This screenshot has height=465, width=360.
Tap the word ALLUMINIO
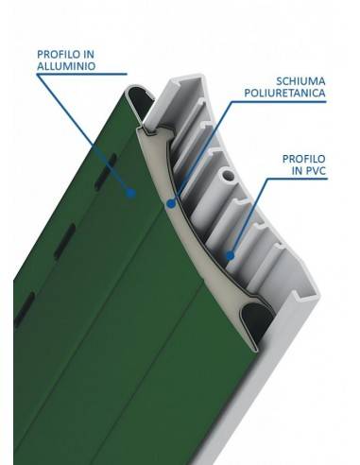66,66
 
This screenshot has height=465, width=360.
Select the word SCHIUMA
300,81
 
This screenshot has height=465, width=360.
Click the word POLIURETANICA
284,94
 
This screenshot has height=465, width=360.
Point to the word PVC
316,170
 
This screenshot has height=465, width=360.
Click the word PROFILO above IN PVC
303,159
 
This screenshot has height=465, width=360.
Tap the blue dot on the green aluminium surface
130,193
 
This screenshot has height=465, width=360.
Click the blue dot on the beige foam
171,203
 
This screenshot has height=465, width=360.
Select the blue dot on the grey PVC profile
231,256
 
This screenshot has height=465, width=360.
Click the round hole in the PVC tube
228,176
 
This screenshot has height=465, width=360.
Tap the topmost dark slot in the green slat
106,172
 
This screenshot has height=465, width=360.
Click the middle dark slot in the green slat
65,241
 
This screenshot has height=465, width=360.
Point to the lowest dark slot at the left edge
25,309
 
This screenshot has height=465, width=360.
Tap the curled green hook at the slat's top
139,97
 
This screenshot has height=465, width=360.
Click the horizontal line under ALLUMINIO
81,75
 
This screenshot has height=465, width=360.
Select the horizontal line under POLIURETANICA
279,101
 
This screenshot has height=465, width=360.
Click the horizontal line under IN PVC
298,179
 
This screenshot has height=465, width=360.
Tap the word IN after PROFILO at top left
89,55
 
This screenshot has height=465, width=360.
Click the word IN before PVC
297,170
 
